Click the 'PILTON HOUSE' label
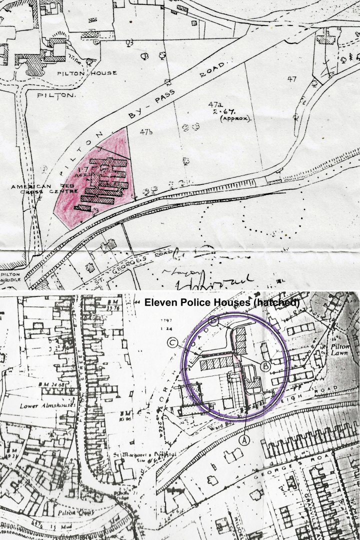click(94, 73)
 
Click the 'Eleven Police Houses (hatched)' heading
click(222, 302)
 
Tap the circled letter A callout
click(245, 439)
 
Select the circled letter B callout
click(266, 366)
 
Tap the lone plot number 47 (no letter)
click(292, 78)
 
